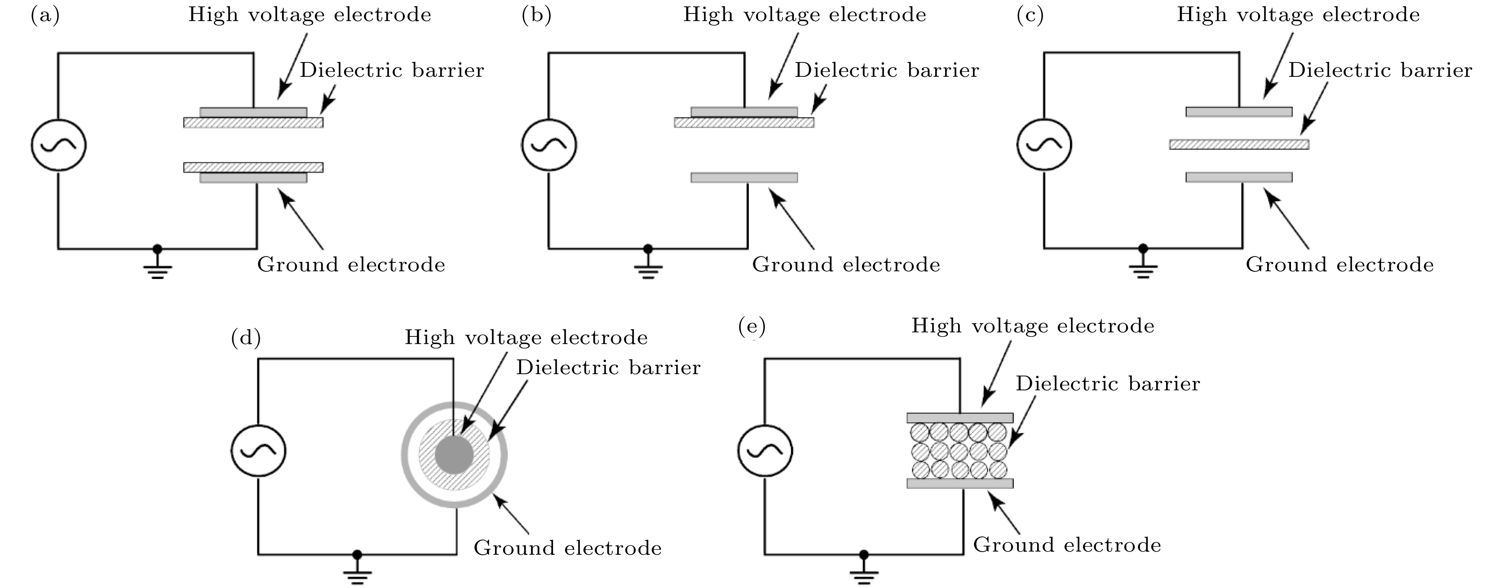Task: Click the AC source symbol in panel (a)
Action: point(58,145)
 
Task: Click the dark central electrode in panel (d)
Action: point(454,455)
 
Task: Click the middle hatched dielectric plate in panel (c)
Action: point(1239,144)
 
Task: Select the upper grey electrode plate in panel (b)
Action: point(744,112)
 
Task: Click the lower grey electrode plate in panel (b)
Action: point(744,177)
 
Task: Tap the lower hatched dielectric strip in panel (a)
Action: point(253,168)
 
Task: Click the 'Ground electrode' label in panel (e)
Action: point(1066,545)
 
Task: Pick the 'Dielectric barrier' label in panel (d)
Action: point(608,367)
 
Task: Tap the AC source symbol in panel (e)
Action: point(765,451)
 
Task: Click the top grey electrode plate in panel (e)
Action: point(960,418)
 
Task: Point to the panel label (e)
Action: point(751,327)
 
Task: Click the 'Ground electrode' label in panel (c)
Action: point(1339,265)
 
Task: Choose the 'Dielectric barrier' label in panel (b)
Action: point(887,71)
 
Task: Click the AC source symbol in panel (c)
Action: point(1044,144)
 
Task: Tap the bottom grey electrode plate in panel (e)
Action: point(960,483)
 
